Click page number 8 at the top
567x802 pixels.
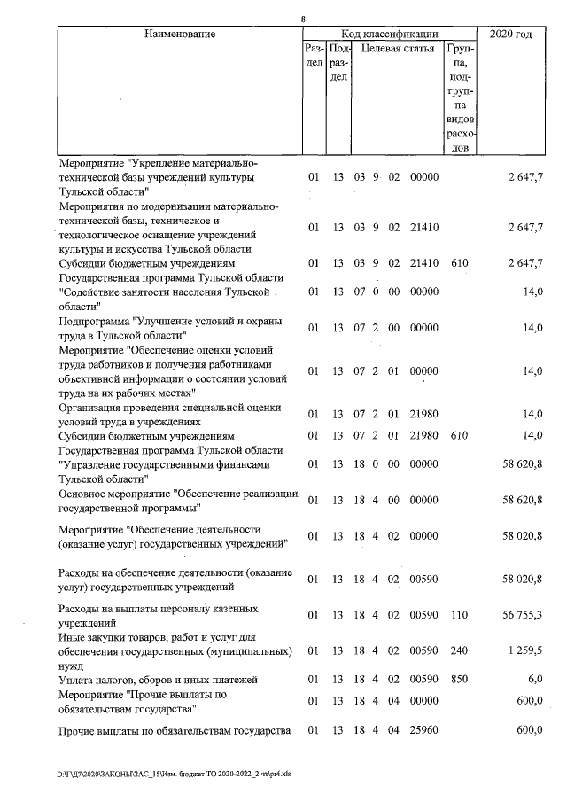click(x=303, y=19)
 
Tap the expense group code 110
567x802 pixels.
click(x=459, y=616)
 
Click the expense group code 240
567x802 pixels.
click(x=459, y=650)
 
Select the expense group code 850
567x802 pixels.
click(x=459, y=679)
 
